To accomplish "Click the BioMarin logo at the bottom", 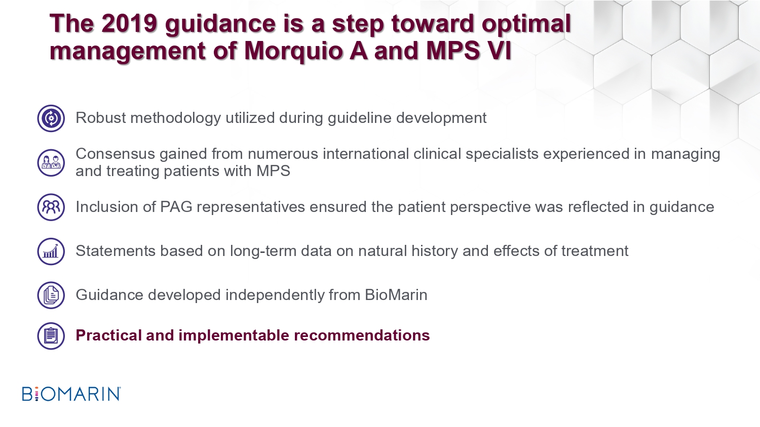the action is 71,394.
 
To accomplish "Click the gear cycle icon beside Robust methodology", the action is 51,118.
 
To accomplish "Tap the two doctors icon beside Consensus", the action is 51,163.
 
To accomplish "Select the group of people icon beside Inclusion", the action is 51,207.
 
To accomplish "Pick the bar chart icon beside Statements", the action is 51,251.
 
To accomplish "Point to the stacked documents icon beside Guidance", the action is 51,295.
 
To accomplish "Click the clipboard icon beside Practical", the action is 51,336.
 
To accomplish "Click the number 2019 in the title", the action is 129,23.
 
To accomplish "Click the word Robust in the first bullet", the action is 100,118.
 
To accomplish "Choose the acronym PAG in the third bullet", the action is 176,207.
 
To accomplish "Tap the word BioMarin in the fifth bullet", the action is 396,295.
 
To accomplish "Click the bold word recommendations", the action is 362,335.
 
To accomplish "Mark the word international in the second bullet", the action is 366,154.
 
